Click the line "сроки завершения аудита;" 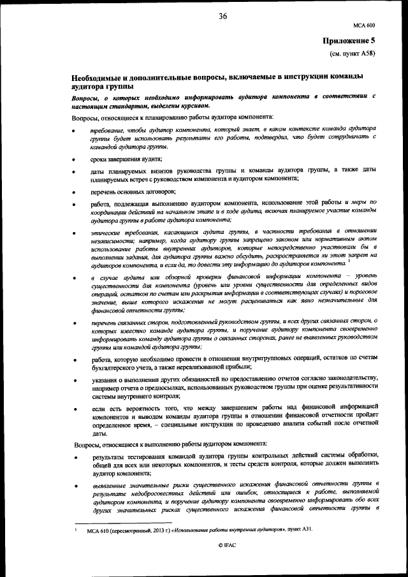[126, 159]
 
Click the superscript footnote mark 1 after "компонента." [350, 261]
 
